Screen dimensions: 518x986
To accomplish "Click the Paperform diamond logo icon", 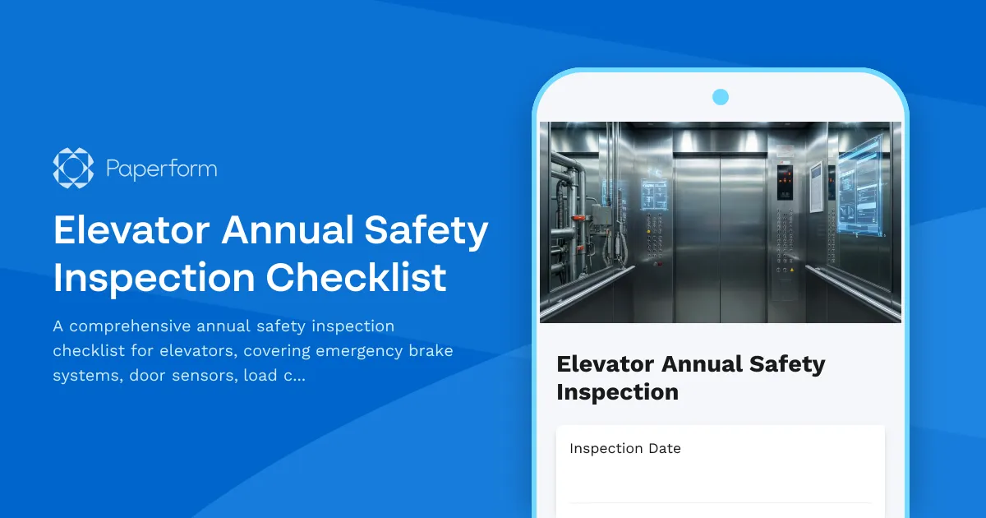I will click(x=73, y=169).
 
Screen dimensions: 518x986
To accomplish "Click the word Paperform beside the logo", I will click(x=161, y=169).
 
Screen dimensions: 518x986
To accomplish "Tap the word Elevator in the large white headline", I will click(x=129, y=231).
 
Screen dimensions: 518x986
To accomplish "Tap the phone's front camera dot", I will click(x=721, y=97).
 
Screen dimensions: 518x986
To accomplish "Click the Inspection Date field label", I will click(x=624, y=448).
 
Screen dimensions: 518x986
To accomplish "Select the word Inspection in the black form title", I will click(x=617, y=392).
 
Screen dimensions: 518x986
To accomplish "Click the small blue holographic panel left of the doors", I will click(x=654, y=195).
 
